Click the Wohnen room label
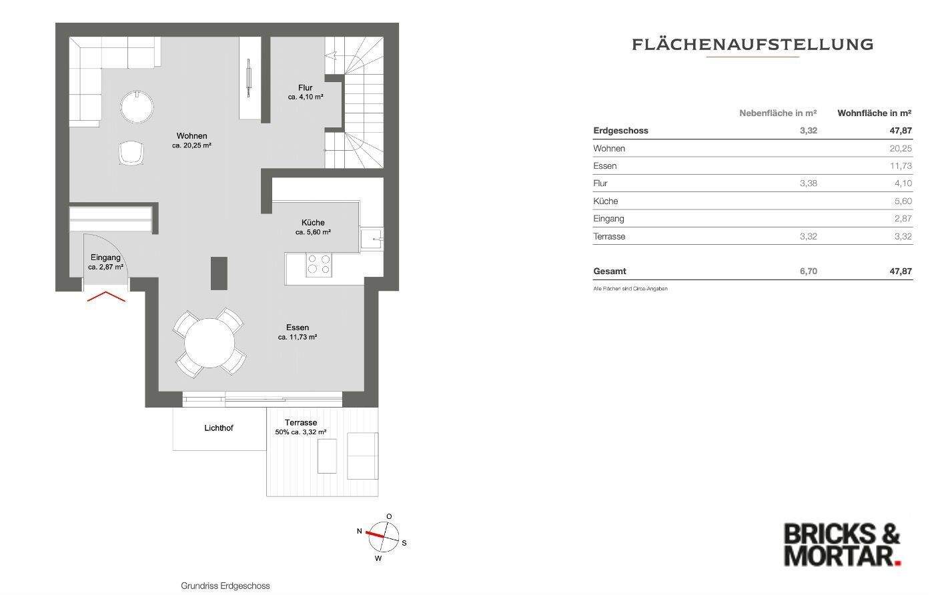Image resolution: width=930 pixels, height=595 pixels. click(x=191, y=136)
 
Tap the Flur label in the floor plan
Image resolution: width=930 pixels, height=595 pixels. click(x=305, y=87)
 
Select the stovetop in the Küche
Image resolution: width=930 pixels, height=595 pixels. click(x=319, y=265)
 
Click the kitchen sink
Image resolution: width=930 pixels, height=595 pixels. click(x=371, y=238)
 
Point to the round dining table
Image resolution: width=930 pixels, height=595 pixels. click(x=209, y=343)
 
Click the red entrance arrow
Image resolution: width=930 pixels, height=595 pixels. click(x=106, y=296)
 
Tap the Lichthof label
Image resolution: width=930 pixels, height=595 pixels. click(x=219, y=428)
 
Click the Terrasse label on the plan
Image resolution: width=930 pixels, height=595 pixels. click(x=301, y=422)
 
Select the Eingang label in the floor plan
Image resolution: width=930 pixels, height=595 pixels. click(x=105, y=257)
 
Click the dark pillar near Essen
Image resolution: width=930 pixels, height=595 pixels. click(x=219, y=273)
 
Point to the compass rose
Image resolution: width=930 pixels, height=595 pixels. click(x=385, y=536)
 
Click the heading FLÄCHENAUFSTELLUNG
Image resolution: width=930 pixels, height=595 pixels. click(x=752, y=45)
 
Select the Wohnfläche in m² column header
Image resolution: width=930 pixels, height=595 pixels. click(x=874, y=113)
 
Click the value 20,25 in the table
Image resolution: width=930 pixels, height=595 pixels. click(x=900, y=148)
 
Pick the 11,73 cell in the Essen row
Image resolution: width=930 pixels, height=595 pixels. click(x=900, y=165)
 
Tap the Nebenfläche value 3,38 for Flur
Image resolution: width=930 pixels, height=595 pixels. click(x=808, y=183)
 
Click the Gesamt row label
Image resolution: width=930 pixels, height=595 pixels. click(x=610, y=271)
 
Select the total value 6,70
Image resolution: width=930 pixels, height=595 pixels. click(x=808, y=271)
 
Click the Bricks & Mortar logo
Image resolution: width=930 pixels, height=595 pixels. click(x=842, y=544)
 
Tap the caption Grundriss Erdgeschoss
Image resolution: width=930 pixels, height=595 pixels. click(x=225, y=586)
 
